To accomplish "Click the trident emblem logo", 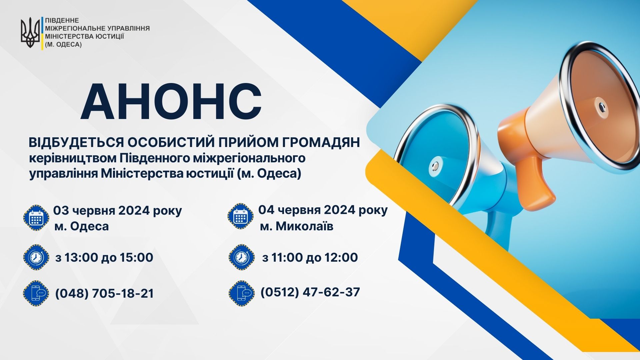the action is pyautogui.click(x=30, y=32).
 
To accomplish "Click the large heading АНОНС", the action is pyautogui.click(x=171, y=101).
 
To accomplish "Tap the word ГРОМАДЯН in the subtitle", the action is pyautogui.click(x=321, y=142).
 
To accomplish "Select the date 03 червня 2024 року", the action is pyautogui.click(x=118, y=211).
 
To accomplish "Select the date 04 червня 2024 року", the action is pyautogui.click(x=323, y=210).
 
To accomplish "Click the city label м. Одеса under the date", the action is pyautogui.click(x=82, y=226).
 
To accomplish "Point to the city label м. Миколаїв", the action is pyautogui.click(x=297, y=226).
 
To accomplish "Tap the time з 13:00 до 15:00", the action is pyautogui.click(x=104, y=257).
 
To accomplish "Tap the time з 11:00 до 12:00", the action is pyautogui.click(x=310, y=257).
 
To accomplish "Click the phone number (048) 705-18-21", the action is pyautogui.click(x=104, y=293).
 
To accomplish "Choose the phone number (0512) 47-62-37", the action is pyautogui.click(x=310, y=292).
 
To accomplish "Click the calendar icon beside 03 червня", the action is pyautogui.click(x=36, y=218).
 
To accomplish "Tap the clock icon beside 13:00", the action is pyautogui.click(x=36, y=257).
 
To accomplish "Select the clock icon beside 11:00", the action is pyautogui.click(x=242, y=257).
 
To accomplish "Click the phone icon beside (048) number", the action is pyautogui.click(x=36, y=293).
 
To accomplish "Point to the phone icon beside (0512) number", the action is pyautogui.click(x=242, y=293).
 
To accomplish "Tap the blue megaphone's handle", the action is pyautogui.click(x=498, y=227).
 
